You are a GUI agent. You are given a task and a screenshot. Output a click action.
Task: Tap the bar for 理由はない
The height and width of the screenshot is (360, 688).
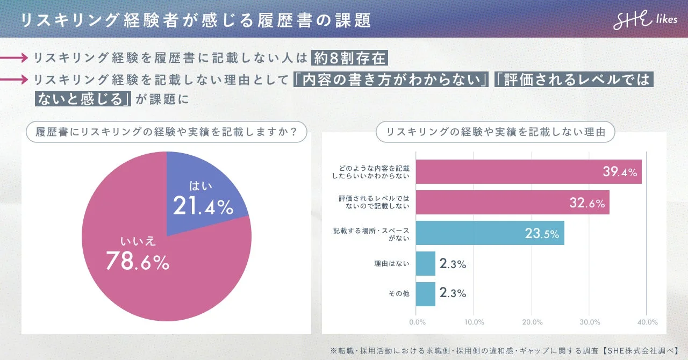[426, 264]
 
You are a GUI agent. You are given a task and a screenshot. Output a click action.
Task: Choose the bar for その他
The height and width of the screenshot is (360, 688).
[426, 294]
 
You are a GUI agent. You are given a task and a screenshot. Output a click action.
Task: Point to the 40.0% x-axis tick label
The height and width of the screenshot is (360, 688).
[647, 322]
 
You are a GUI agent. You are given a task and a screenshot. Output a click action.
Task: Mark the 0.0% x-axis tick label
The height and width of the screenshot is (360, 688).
[418, 322]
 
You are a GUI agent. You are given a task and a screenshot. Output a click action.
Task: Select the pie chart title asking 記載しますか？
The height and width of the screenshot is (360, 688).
[167, 132]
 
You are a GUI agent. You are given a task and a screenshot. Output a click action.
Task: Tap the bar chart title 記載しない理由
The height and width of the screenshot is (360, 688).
[496, 132]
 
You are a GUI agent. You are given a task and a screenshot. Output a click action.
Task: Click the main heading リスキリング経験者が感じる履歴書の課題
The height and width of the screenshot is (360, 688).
[196, 20]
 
